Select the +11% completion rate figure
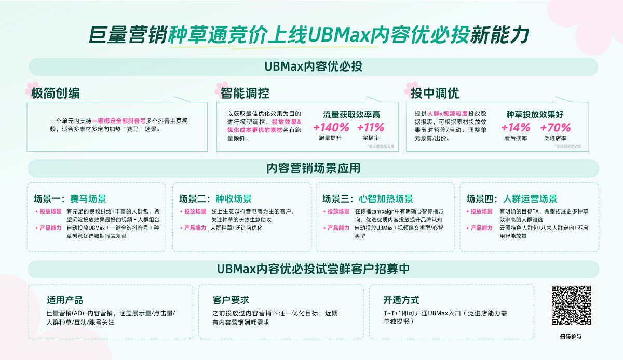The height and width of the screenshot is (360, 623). click(371, 127)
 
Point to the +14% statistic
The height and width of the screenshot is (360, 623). click(516, 127)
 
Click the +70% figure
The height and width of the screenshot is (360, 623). click(555, 127)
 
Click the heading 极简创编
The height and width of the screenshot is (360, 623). click(56, 94)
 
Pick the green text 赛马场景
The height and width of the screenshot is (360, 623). click(88, 198)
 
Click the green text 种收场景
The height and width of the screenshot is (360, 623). click(234, 198)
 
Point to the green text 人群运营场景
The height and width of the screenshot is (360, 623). click(530, 198)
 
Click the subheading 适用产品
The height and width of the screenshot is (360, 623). click(64, 300)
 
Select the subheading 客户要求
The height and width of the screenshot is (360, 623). click(231, 300)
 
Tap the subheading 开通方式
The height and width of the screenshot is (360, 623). click(401, 300)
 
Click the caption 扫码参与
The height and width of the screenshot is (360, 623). click(571, 336)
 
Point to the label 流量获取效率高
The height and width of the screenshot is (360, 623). click(351, 114)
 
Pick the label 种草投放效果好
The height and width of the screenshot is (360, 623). click(535, 114)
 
